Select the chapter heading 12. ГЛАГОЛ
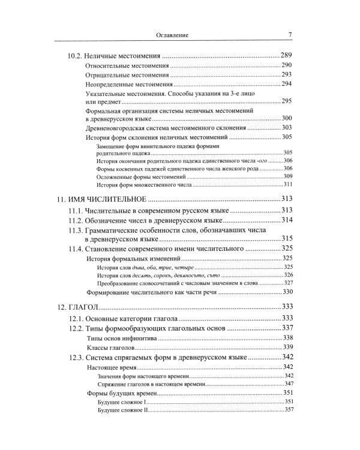[80, 307]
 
